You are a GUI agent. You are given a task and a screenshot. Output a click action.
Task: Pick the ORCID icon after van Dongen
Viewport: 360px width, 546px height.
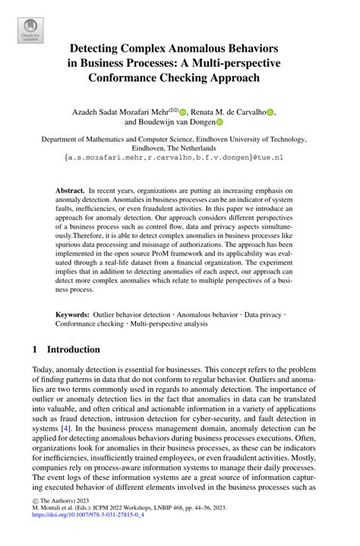coord(220,122)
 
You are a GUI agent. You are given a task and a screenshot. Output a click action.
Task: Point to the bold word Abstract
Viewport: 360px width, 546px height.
coord(71,189)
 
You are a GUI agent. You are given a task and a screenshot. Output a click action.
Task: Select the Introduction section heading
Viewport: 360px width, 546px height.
coord(74,350)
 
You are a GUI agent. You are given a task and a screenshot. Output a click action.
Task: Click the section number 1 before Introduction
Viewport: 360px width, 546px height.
coord(35,350)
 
